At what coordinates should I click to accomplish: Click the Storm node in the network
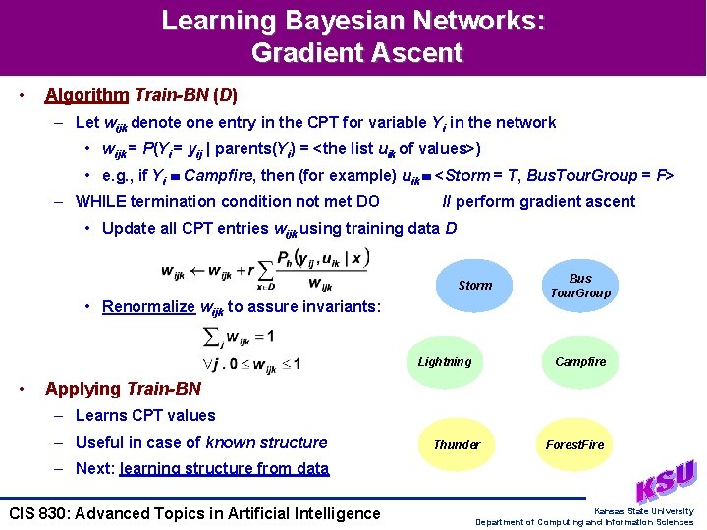[475, 286]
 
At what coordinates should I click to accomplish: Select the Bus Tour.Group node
[580, 286]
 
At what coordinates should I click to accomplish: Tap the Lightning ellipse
[444, 362]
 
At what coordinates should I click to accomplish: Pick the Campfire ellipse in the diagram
[580, 362]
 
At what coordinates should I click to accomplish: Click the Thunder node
[457, 444]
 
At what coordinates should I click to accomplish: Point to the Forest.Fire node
[575, 444]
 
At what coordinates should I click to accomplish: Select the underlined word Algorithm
[86, 95]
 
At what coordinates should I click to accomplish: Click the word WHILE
[101, 201]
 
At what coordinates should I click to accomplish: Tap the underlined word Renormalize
[148, 306]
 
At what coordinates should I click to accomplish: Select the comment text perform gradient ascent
[545, 201]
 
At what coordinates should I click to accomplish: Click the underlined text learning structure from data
[224, 468]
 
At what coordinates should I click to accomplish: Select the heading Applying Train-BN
[123, 389]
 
